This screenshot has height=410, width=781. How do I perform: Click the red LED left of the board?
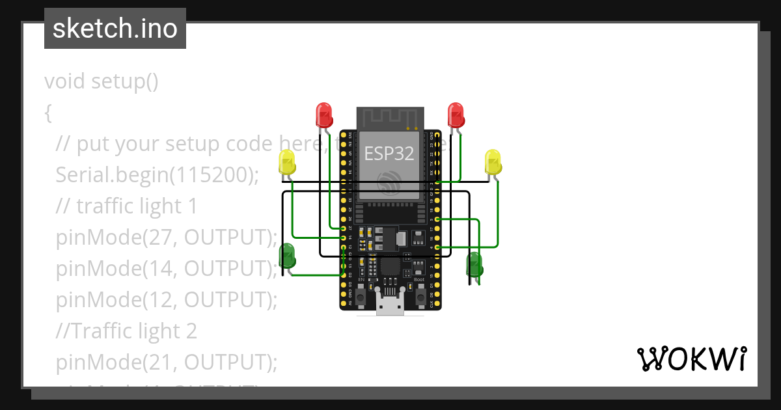pos(324,115)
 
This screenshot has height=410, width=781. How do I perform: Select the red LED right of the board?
pos(456,115)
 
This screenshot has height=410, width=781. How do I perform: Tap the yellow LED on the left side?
pos(287,161)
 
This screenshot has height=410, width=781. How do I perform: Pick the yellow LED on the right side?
pos(493,161)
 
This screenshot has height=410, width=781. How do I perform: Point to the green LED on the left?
pos(287,256)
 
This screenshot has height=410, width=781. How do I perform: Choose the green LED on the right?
pos(474,264)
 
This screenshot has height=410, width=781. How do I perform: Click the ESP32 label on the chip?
pos(389,153)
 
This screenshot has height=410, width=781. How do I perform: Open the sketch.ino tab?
pos(115,29)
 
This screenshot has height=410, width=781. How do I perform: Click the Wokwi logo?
pos(691,359)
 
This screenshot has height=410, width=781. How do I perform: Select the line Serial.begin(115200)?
pos(157,174)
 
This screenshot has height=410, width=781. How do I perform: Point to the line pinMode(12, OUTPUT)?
pos(166,299)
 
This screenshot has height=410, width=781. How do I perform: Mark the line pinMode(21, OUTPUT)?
pos(166,362)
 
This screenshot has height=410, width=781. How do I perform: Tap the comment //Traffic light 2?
pos(126,331)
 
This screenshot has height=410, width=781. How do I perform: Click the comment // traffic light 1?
pos(126,206)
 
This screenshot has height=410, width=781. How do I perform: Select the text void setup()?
pos(102,81)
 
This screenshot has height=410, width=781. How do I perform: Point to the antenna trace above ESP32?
pos(389,117)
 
